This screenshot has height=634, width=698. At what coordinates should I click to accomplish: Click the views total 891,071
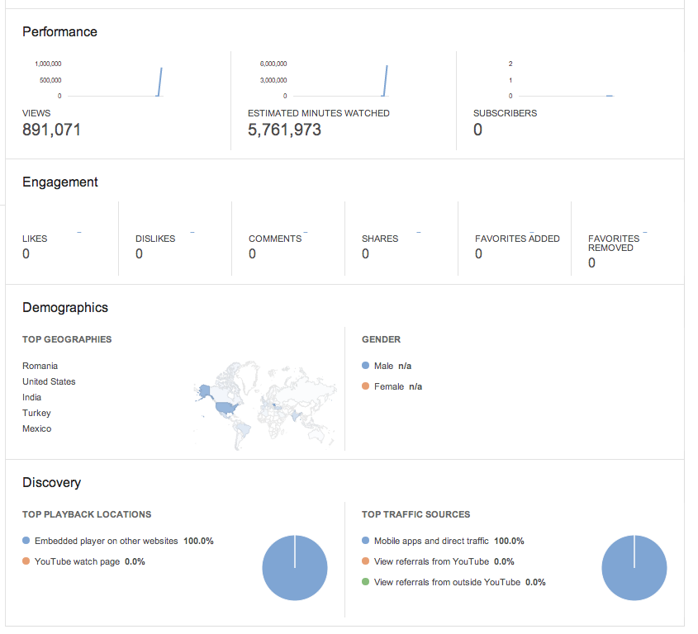[x=52, y=130]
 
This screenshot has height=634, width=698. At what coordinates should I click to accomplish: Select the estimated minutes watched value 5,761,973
[x=284, y=130]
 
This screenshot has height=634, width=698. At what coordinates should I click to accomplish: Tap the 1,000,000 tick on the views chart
[x=48, y=64]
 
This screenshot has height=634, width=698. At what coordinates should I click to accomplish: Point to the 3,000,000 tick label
[x=273, y=81]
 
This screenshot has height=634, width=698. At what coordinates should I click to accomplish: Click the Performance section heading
[x=59, y=32]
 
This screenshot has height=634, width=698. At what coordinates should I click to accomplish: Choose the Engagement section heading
[x=60, y=182]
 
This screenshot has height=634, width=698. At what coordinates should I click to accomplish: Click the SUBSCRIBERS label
[x=506, y=113]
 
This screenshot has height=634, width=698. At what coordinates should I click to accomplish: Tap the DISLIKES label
[x=155, y=239]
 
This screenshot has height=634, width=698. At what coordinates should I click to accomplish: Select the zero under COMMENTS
[x=253, y=254]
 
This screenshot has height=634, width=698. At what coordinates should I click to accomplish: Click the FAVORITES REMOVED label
[x=614, y=244]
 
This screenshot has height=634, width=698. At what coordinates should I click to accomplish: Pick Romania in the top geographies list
[x=40, y=367]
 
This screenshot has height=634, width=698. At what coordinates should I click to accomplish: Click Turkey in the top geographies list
[x=36, y=414]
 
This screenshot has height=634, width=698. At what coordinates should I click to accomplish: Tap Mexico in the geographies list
[x=37, y=429]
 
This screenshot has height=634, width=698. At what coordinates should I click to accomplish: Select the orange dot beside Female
[x=365, y=386]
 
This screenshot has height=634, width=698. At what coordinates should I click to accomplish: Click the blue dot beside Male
[x=365, y=366]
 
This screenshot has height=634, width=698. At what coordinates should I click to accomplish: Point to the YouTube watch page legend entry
[x=83, y=562]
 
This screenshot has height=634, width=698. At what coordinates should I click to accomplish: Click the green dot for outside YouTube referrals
[x=365, y=582]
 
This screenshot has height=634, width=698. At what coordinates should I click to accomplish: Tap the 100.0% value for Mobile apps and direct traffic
[x=509, y=542]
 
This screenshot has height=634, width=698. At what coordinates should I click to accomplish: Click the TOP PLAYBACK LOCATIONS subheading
[x=87, y=515]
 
